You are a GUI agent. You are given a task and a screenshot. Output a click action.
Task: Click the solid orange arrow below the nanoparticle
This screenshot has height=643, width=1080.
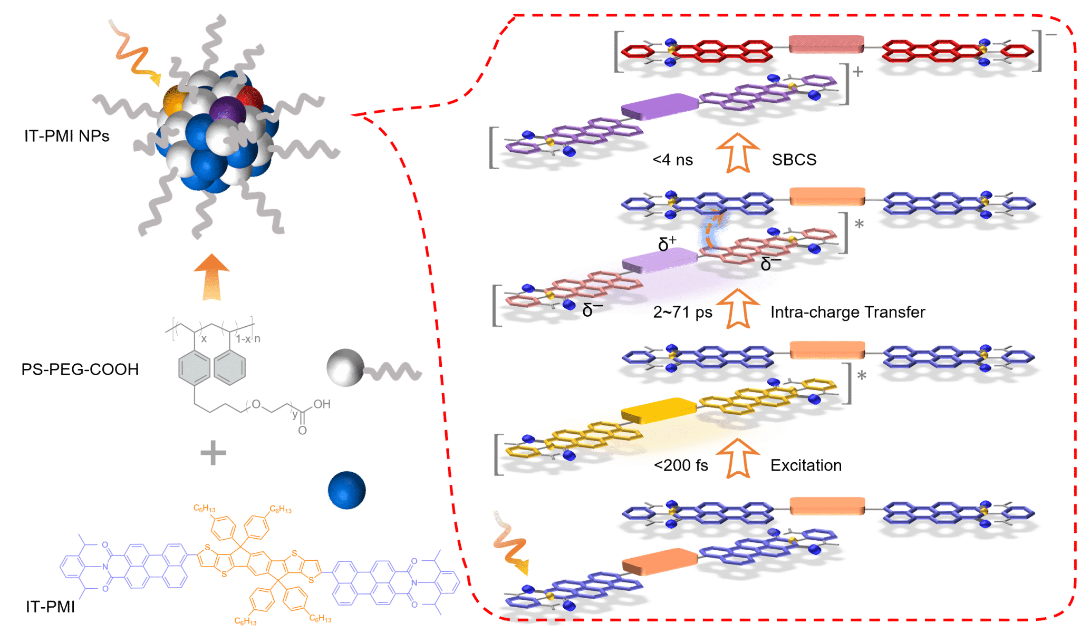[x=211, y=277]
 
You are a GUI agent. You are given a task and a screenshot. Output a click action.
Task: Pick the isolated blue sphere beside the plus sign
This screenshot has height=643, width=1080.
[x=346, y=490]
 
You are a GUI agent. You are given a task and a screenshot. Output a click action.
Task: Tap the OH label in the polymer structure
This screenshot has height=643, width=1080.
[x=322, y=404]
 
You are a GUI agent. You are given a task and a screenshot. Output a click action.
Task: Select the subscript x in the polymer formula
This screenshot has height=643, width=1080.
[x=204, y=339]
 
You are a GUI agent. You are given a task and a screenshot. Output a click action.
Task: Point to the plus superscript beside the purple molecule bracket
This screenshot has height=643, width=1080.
[x=858, y=71]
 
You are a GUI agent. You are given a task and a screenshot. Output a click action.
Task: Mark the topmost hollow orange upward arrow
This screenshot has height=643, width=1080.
[x=738, y=152]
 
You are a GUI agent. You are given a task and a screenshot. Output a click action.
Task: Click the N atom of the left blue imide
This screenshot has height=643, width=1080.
[x=104, y=567]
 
